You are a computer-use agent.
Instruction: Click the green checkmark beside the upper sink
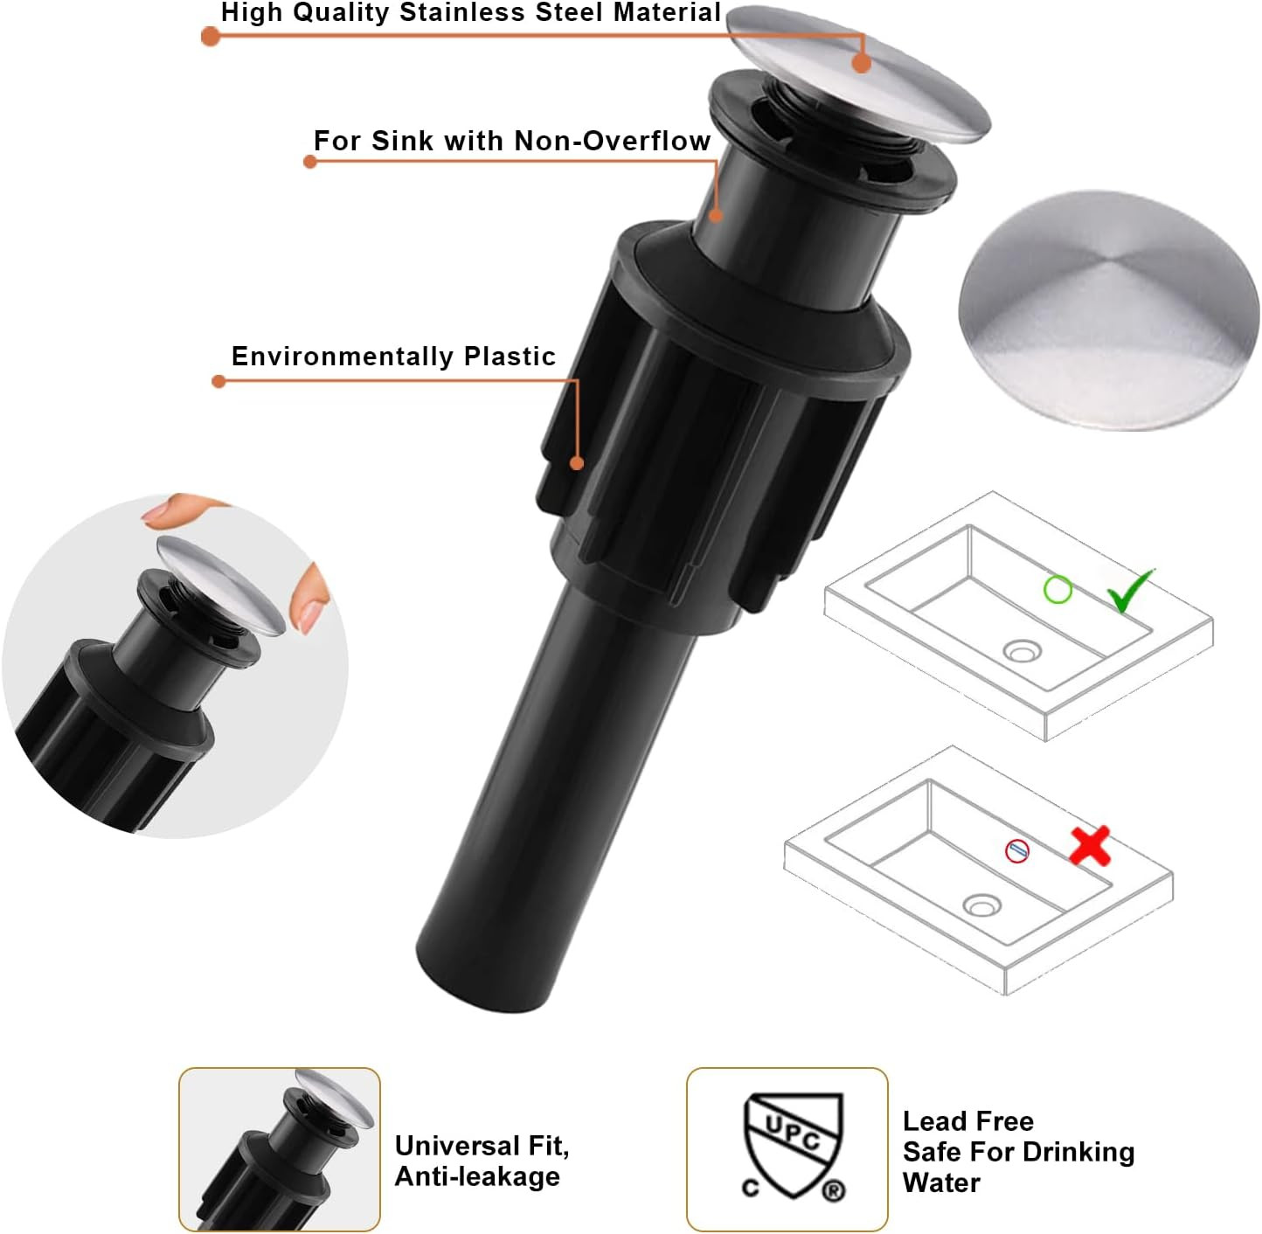coord(1129,590)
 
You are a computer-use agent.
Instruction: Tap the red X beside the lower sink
coord(1090,846)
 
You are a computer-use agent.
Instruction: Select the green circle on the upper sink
coord(1057,590)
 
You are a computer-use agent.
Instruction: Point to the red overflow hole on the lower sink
coord(1017,850)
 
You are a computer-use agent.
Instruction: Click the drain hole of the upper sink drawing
coord(1022,650)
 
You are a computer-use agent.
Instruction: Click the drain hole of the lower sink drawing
coord(981,905)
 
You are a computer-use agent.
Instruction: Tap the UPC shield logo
coord(794,1145)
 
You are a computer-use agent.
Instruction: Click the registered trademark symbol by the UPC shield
coord(834,1190)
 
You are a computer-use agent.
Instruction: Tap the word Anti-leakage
coord(477,1176)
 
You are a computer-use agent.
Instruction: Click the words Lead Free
coord(968,1121)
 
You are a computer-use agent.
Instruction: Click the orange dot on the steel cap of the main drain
coord(861,63)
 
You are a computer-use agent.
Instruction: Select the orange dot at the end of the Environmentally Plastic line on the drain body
coord(577,463)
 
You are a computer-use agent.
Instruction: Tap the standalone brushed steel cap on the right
coord(1107,310)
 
